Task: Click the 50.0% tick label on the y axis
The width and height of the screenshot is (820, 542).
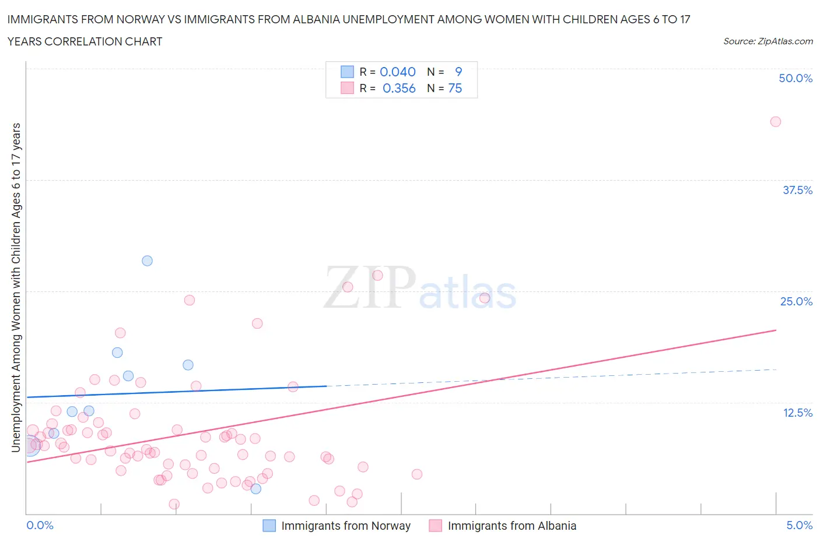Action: (x=796, y=78)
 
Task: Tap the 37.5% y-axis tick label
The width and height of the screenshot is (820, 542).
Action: (x=797, y=190)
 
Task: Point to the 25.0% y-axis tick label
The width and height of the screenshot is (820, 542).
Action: (x=796, y=301)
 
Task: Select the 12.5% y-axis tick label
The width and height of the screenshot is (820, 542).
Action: (x=797, y=413)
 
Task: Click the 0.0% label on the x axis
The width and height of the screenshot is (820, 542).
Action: (x=40, y=525)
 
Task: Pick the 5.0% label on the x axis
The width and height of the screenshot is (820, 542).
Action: (x=799, y=525)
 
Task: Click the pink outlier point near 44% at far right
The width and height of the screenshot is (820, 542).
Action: (x=775, y=122)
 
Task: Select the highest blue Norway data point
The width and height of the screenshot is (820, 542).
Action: (x=147, y=261)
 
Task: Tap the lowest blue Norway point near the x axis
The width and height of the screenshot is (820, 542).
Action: (x=255, y=488)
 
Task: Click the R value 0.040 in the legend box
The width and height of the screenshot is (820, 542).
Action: (x=398, y=72)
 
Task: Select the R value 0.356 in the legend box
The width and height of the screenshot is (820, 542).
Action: (x=399, y=88)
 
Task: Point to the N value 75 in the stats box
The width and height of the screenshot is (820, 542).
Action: (x=455, y=88)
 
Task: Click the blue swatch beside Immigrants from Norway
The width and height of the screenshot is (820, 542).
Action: (x=269, y=526)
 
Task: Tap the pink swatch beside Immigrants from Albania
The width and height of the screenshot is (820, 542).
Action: (x=435, y=526)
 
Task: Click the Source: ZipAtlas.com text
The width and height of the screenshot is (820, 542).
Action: (x=768, y=41)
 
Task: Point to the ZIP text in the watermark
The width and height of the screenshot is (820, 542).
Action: (x=370, y=287)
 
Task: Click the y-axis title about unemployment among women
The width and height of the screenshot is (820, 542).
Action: (x=16, y=287)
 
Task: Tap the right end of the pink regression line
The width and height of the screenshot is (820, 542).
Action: (x=776, y=330)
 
